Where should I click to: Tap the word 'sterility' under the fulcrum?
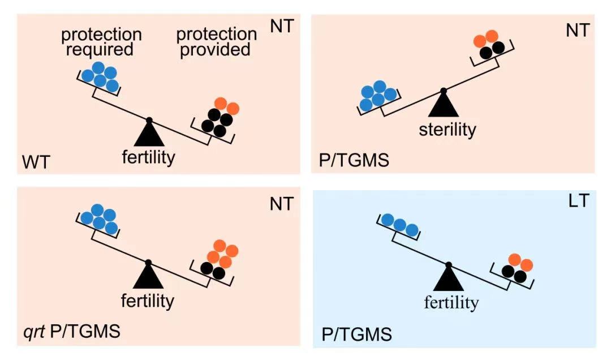448,130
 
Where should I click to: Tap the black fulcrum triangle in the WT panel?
149,135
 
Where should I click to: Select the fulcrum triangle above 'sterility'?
443,105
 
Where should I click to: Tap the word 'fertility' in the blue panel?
451,303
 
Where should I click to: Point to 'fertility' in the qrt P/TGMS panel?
148,301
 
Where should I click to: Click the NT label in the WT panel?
282,26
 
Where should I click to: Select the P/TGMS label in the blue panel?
356,335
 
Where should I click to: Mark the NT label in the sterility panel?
578,31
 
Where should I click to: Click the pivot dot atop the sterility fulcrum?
444,90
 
